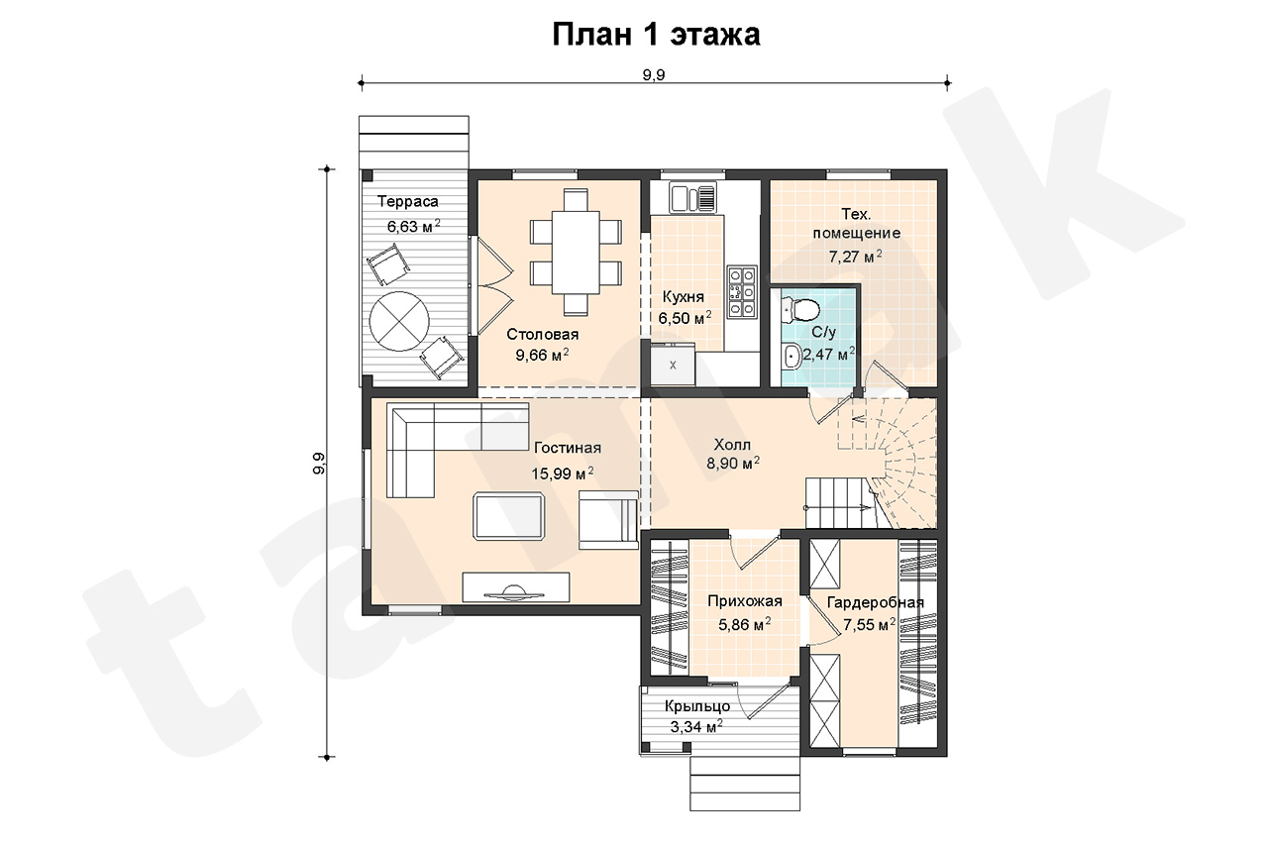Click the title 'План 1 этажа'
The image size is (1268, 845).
coord(656,35)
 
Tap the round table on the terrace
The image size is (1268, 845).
coord(399,322)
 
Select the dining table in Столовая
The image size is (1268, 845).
coord(576,253)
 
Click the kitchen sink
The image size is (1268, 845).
coord(692,197)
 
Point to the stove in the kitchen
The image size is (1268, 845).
coord(742,290)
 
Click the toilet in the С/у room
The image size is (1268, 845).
coord(801,309)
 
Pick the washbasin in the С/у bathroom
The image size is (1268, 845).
coord(791,356)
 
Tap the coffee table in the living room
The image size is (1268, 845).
coord(509,515)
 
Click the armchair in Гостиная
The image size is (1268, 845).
coord(608,519)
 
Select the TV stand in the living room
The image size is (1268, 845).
coord(516,586)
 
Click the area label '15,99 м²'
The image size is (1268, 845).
coord(563,474)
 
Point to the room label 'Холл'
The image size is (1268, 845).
coord(732,444)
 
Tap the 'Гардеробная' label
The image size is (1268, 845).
coord(875,602)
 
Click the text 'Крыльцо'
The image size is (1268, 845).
coord(697,706)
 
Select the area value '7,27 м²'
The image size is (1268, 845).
coord(855,257)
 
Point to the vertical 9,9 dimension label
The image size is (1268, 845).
coord(319,463)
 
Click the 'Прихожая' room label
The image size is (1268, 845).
coord(745,601)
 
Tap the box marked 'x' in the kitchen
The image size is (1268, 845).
coord(673,366)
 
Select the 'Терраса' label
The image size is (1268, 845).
coord(408,201)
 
